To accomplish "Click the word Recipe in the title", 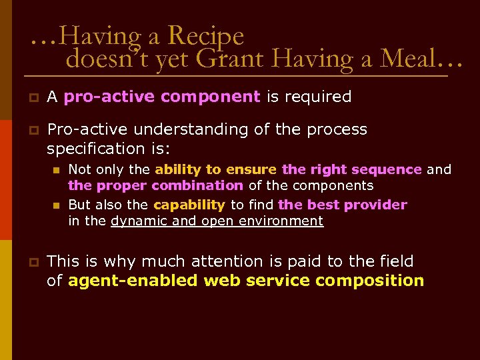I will point(206,36).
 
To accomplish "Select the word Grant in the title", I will point(225,60).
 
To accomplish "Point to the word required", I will point(318,97).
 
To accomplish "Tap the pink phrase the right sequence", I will point(351,169).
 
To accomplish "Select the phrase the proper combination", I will point(156,185).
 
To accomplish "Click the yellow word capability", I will point(189,205).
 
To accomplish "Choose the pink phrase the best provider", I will point(342,205).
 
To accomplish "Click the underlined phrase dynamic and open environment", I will point(217,221).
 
